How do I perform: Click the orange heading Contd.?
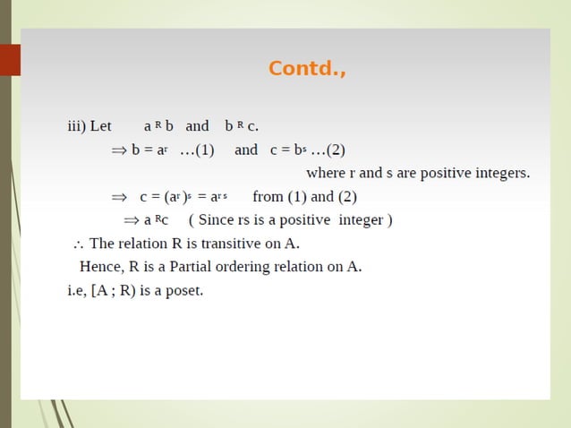(307, 69)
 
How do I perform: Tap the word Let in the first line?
(100, 126)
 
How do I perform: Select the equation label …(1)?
(197, 150)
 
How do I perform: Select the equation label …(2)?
(327, 150)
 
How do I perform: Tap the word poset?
(184, 290)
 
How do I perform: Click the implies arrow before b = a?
(119, 150)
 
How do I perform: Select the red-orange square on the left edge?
(10, 60)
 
